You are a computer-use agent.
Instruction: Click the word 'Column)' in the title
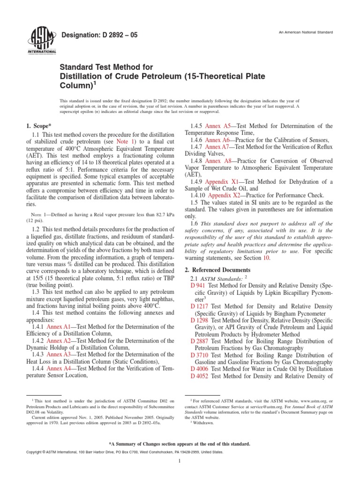coord(75,86)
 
